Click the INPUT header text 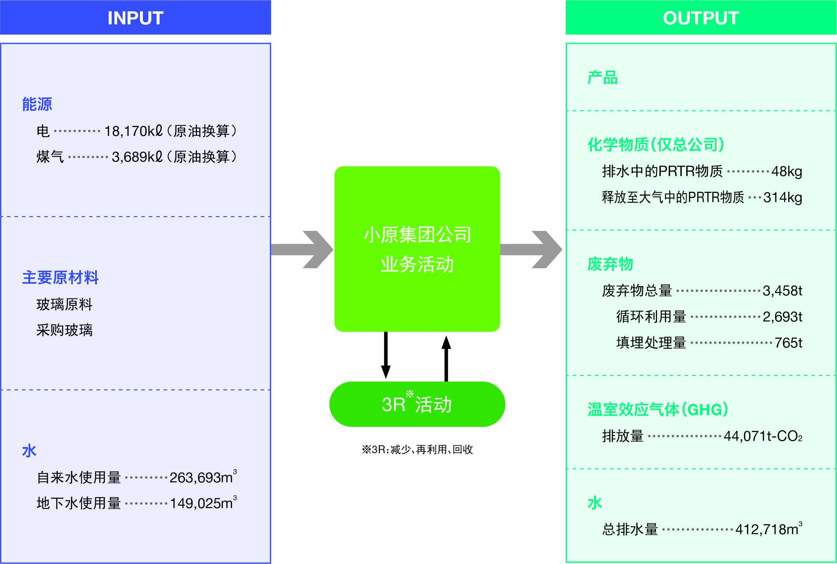(135, 18)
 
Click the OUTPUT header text (701, 18)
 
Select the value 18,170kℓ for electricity (134, 131)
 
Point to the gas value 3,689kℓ (137, 157)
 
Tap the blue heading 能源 (37, 104)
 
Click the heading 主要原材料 (60, 277)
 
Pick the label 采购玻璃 (65, 330)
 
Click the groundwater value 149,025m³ (203, 503)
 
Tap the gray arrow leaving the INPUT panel (302, 250)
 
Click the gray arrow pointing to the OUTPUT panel (531, 250)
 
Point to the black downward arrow (386, 355)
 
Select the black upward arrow (446, 358)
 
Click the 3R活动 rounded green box (417, 404)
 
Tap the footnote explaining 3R (417, 450)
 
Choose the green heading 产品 (603, 78)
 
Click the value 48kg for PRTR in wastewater (787, 172)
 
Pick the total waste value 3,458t (782, 291)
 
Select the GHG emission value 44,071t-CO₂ (763, 436)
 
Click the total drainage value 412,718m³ (769, 529)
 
